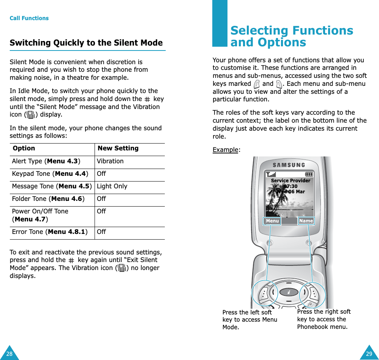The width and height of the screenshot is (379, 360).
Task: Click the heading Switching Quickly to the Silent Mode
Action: tap(86, 43)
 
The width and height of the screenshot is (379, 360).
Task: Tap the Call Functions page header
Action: tap(29, 18)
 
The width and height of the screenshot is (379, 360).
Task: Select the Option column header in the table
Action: tap(24, 148)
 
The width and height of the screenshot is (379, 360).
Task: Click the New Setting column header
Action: tap(118, 148)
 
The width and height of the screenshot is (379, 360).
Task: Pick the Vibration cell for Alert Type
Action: tap(110, 161)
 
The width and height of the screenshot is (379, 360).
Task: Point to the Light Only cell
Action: tap(112, 186)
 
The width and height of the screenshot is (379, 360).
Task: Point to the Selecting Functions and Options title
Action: tap(292, 36)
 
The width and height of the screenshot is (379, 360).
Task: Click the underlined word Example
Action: tap(225, 150)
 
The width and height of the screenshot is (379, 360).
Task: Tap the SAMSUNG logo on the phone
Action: tap(289, 165)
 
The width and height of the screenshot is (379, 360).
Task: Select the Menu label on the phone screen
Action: tap(272, 221)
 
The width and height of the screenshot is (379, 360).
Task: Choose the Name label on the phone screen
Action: tap(306, 221)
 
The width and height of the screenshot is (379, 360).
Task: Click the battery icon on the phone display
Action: tap(309, 174)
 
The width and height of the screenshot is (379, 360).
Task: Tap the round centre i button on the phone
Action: tap(289, 292)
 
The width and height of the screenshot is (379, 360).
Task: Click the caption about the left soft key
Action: tap(250, 320)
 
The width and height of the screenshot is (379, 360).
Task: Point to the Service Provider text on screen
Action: tap(291, 181)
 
